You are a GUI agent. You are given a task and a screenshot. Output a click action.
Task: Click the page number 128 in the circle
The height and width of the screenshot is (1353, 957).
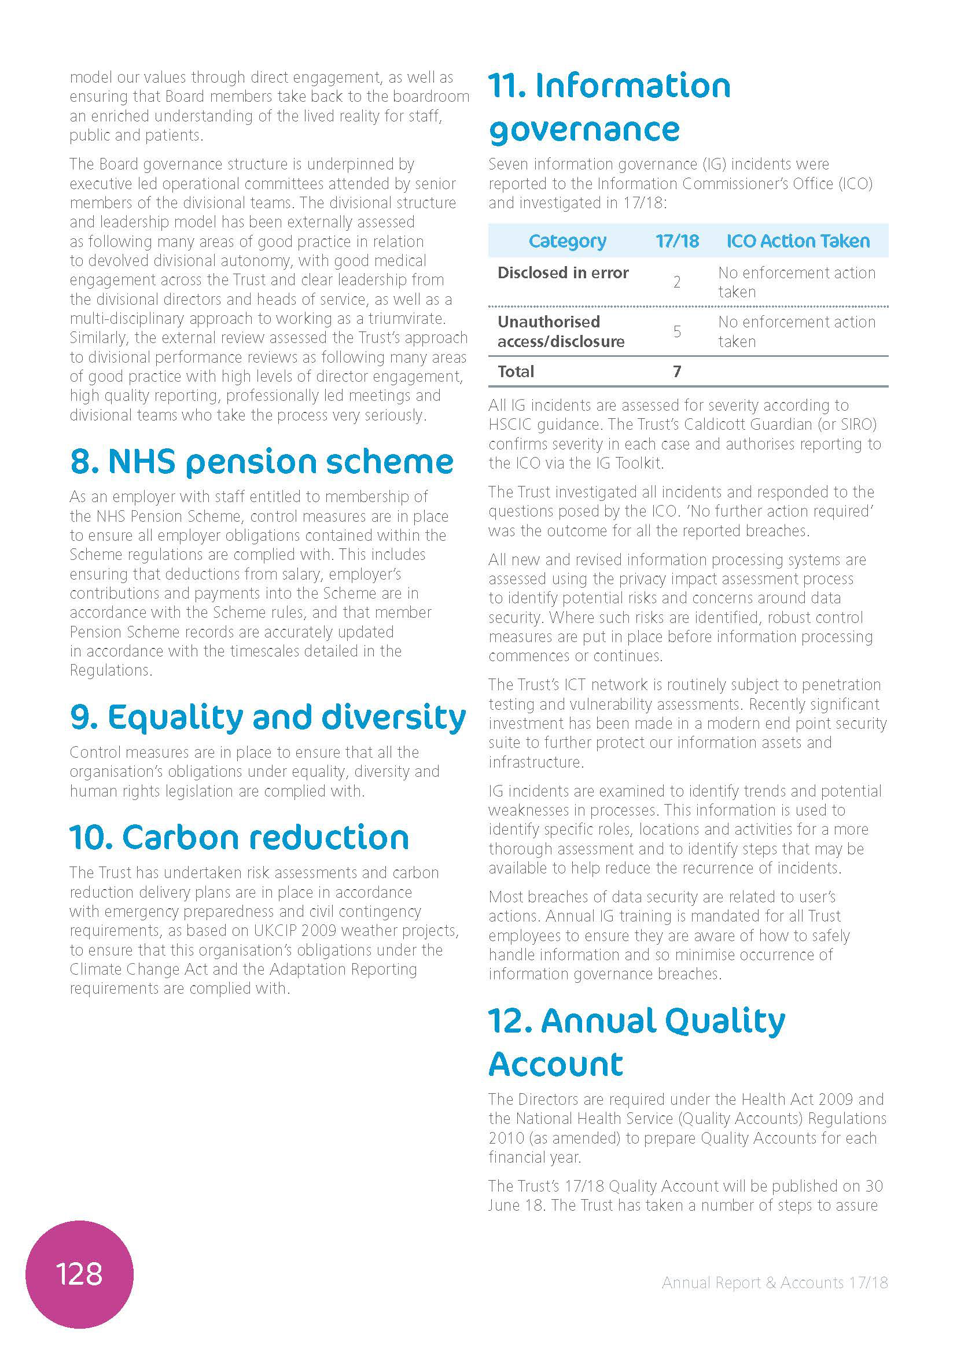pyautogui.click(x=79, y=1274)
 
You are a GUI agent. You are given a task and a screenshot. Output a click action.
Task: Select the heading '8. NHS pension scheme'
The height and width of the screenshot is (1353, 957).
pyautogui.click(x=262, y=462)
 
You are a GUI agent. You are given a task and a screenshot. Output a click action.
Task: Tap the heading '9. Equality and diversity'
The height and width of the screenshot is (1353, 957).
pyautogui.click(x=267, y=717)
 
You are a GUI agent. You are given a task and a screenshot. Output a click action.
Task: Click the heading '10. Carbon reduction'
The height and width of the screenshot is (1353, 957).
pyautogui.click(x=238, y=838)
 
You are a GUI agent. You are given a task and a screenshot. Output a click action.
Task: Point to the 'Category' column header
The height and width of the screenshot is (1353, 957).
pyautogui.click(x=567, y=241)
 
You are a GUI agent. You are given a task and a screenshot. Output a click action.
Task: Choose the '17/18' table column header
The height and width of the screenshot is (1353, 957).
pyautogui.click(x=677, y=241)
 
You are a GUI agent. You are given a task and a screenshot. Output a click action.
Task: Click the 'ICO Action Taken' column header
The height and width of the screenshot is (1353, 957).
pyautogui.click(x=798, y=241)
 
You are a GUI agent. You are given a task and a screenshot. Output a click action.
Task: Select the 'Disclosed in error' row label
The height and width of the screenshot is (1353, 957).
pyautogui.click(x=563, y=273)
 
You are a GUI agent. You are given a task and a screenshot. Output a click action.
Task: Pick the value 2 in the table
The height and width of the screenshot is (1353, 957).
pyautogui.click(x=677, y=282)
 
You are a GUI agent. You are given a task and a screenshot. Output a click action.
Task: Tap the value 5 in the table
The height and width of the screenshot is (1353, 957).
pyautogui.click(x=677, y=332)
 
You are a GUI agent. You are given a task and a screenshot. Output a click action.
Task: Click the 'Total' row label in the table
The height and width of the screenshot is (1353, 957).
pyautogui.click(x=516, y=372)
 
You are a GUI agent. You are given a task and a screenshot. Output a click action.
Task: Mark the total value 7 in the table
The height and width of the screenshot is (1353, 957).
pyautogui.click(x=677, y=372)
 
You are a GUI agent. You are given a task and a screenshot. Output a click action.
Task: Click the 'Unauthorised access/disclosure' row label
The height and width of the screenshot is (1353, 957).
pyautogui.click(x=561, y=332)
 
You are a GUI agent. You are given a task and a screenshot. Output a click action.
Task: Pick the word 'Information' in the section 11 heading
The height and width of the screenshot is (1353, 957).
pyautogui.click(x=632, y=86)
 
